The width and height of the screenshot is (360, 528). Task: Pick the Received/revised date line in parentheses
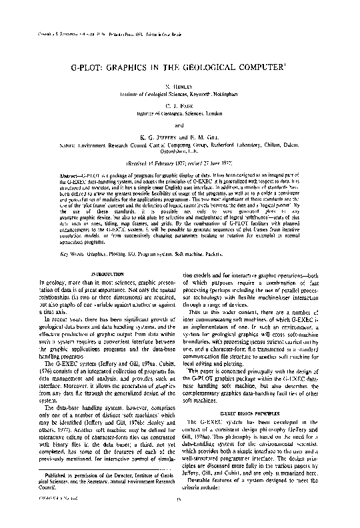179,161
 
